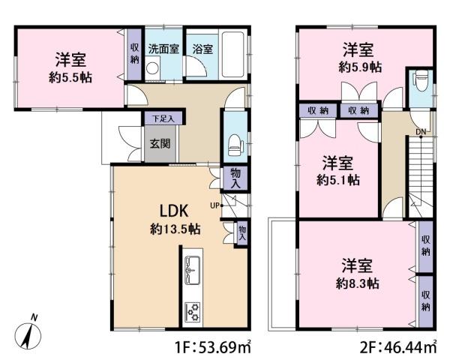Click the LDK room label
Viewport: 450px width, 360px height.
(x=174, y=211)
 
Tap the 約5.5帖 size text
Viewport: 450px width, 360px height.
(x=70, y=77)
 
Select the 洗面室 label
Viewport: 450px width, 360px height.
(x=163, y=49)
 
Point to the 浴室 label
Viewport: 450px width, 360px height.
(x=202, y=49)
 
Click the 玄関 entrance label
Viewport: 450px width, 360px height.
(x=160, y=143)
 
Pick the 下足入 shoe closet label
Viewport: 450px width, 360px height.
(x=163, y=118)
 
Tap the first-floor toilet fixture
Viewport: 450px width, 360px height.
(x=235, y=145)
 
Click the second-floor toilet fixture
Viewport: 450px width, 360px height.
(x=421, y=81)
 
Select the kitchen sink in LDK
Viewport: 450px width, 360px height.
(x=193, y=271)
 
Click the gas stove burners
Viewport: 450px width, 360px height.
(x=193, y=312)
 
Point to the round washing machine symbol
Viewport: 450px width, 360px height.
(x=151, y=68)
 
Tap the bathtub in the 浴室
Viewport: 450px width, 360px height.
(x=233, y=55)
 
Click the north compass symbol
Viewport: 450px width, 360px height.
(x=28, y=333)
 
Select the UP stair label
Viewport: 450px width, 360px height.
(x=214, y=205)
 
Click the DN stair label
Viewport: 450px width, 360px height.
(x=421, y=132)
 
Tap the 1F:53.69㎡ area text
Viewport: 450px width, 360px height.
(x=213, y=347)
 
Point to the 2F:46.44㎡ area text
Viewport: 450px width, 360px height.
(x=399, y=347)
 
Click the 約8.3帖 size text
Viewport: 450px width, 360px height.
(x=358, y=284)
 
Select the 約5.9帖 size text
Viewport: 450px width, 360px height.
(x=360, y=67)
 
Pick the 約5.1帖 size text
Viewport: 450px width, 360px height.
(x=338, y=180)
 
